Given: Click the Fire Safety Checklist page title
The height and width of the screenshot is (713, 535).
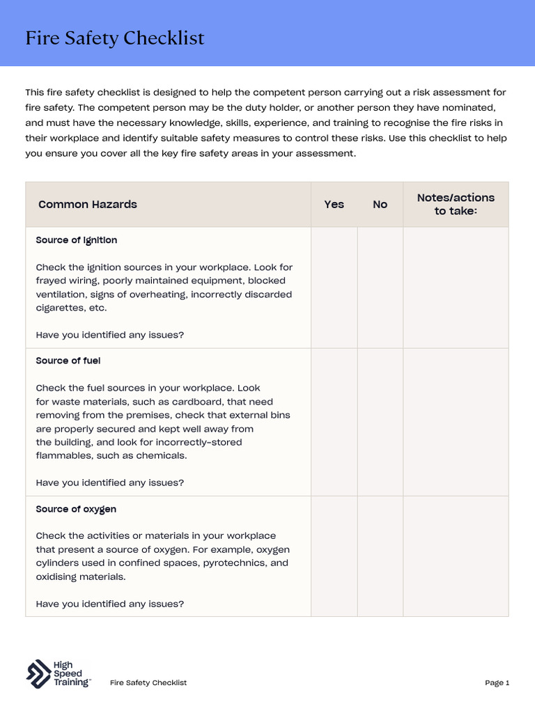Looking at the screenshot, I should [115, 38].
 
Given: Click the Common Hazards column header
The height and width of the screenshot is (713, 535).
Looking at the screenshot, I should [88, 205].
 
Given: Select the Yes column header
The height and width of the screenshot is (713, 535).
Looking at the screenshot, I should [334, 205].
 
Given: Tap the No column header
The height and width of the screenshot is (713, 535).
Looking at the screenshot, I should [380, 205].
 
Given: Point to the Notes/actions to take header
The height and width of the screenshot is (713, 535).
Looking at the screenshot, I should [456, 204].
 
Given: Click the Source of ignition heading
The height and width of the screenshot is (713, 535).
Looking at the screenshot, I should [77, 240].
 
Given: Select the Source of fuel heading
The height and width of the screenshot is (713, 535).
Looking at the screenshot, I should [68, 361].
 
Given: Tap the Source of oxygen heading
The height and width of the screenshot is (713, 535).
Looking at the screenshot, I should [76, 510].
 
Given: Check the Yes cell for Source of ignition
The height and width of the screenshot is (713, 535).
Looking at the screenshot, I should [334, 288].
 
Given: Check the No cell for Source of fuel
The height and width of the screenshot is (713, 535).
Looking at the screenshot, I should [380, 422].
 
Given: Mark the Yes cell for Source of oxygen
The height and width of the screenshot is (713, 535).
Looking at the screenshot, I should [334, 556].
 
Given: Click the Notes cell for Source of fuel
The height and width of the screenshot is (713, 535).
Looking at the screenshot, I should [456, 422].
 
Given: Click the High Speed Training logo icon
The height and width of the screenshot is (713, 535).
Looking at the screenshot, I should [38, 674].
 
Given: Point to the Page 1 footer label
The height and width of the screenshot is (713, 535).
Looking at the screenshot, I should [497, 683].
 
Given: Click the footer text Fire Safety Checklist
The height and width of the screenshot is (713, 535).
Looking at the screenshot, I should [148, 683].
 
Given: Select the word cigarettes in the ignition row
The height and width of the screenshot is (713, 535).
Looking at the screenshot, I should [59, 308].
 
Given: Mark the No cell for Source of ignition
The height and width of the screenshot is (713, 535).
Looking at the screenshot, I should [380, 288].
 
